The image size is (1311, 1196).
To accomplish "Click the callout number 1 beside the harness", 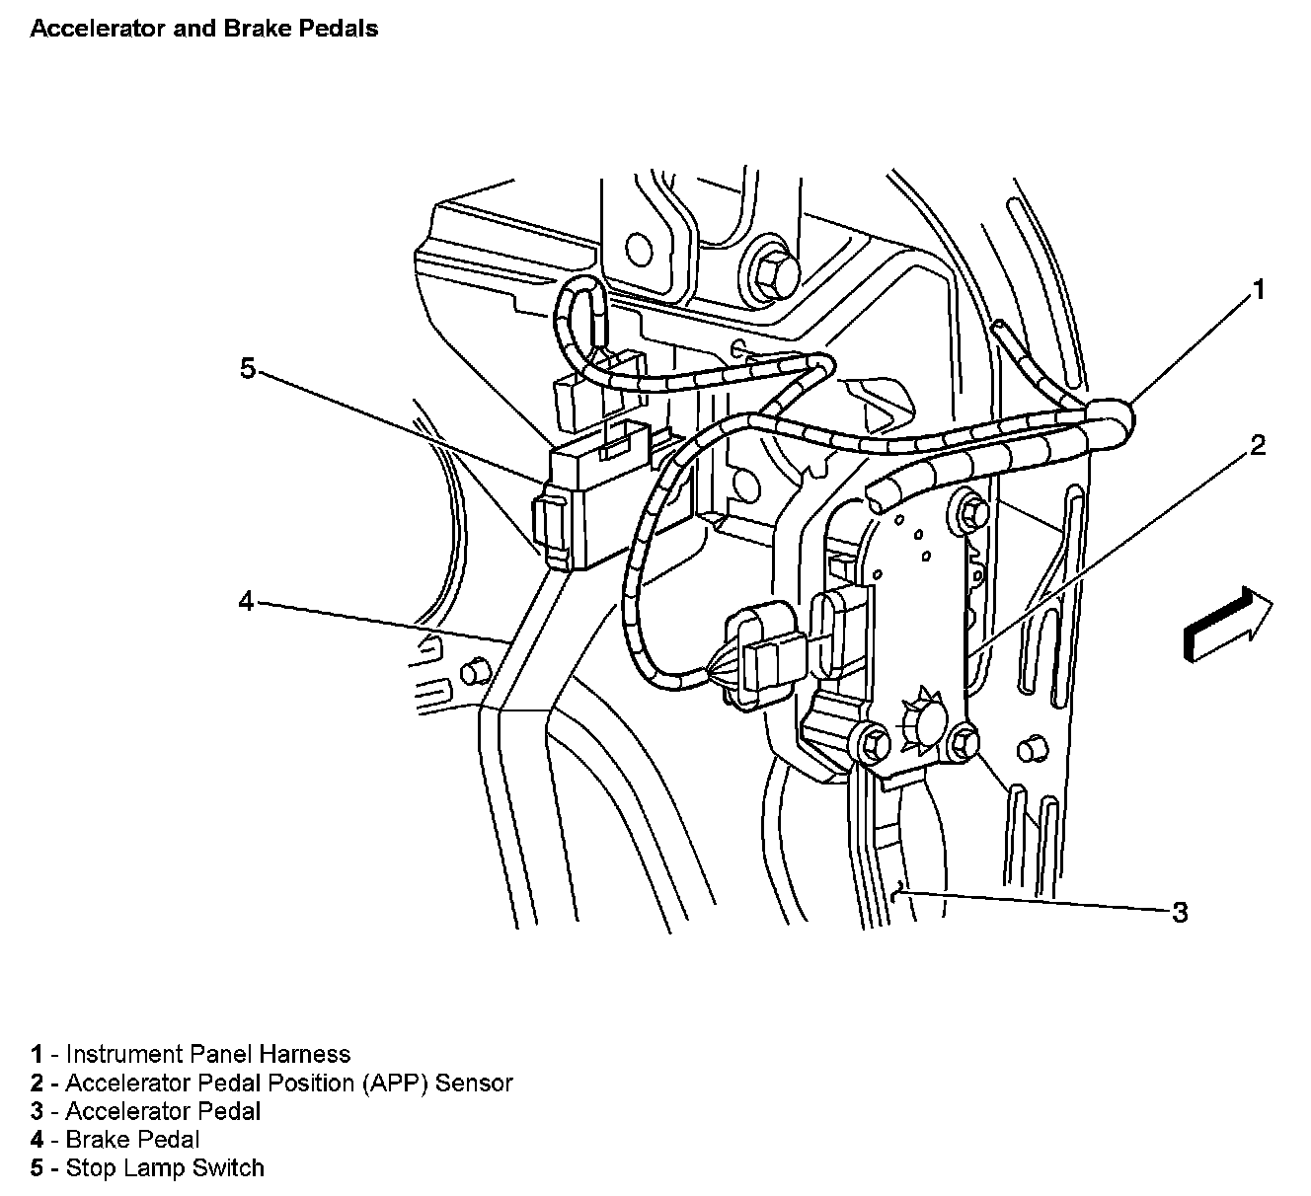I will pos(1257,289).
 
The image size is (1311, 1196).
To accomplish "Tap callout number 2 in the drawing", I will pos(1257,446).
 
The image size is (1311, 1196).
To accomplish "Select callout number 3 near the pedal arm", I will pos(1180,913).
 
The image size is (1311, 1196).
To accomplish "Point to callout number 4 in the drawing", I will pos(246,600).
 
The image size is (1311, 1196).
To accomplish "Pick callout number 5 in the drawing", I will pos(247,369).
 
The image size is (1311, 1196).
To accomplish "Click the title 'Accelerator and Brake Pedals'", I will pos(204,29).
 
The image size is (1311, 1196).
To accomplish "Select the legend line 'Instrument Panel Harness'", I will pos(191,1054).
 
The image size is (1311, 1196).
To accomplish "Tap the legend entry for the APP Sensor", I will pos(271,1083).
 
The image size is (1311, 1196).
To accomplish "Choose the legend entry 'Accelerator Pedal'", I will pos(146,1111).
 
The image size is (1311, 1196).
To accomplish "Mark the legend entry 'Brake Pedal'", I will pos(116,1140).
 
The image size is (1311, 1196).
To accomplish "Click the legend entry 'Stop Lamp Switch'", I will pos(147,1168).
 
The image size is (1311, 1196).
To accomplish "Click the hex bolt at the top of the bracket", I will pos(774,268).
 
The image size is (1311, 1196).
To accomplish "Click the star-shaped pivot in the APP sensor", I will pos(920,725).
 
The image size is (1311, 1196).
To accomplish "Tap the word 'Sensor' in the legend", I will pos(474,1083).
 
